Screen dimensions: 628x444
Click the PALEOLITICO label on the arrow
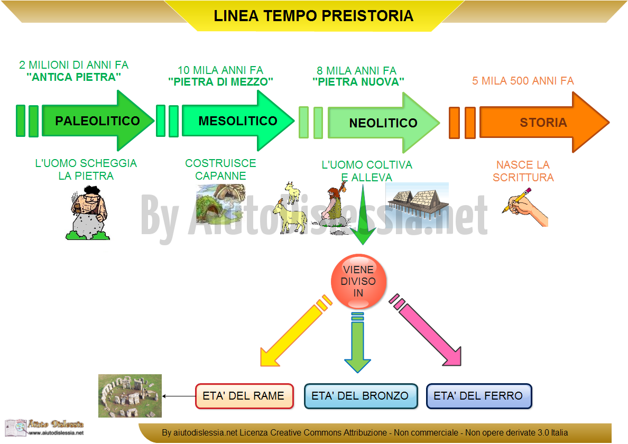coord(97,121)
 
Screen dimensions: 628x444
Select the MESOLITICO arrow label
coord(238,121)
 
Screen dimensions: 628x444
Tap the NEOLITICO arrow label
coord(383,123)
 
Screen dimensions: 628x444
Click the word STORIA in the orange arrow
coord(543,123)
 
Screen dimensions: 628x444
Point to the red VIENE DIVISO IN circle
coord(358,281)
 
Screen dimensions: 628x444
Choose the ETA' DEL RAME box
coord(244,396)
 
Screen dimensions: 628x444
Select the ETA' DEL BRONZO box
coord(361,396)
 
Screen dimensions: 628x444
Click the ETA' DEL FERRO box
coord(478,396)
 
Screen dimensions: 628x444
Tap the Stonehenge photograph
coord(130,396)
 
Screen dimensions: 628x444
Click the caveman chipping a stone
coord(88,214)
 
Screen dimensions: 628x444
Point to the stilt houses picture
coord(417,200)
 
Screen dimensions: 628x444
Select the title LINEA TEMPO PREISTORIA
coord(313,16)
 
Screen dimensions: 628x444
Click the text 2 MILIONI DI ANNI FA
coord(73,65)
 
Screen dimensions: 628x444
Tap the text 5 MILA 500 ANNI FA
coord(523,81)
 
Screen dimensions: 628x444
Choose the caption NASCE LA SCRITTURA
coord(523,171)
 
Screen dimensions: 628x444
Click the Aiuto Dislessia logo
coord(44,428)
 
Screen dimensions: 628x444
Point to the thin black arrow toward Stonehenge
coord(179,396)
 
